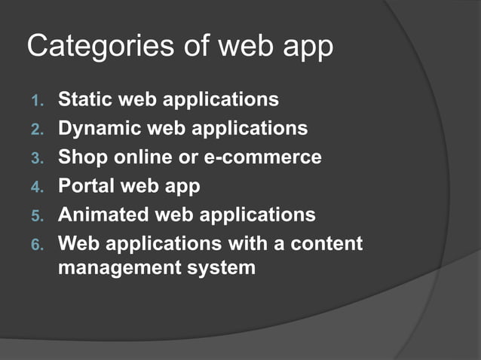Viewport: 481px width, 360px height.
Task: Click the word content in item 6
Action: pos(323,243)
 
